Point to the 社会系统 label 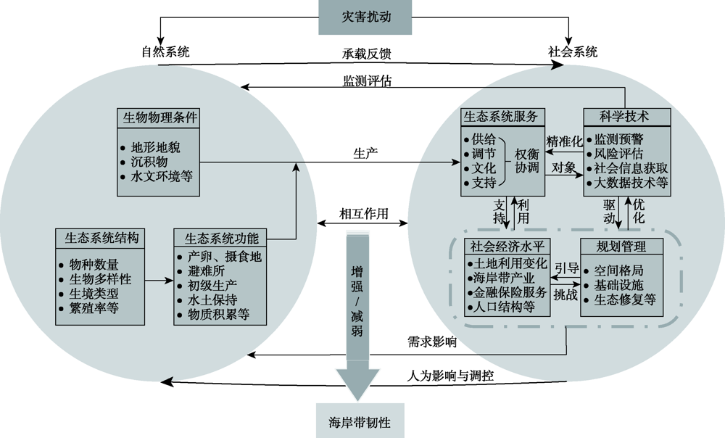(573, 51)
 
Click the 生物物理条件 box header (157, 118)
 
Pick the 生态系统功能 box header (220, 238)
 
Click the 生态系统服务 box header (504, 116)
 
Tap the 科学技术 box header (625, 116)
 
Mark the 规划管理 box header (621, 247)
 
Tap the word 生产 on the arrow (364, 154)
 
